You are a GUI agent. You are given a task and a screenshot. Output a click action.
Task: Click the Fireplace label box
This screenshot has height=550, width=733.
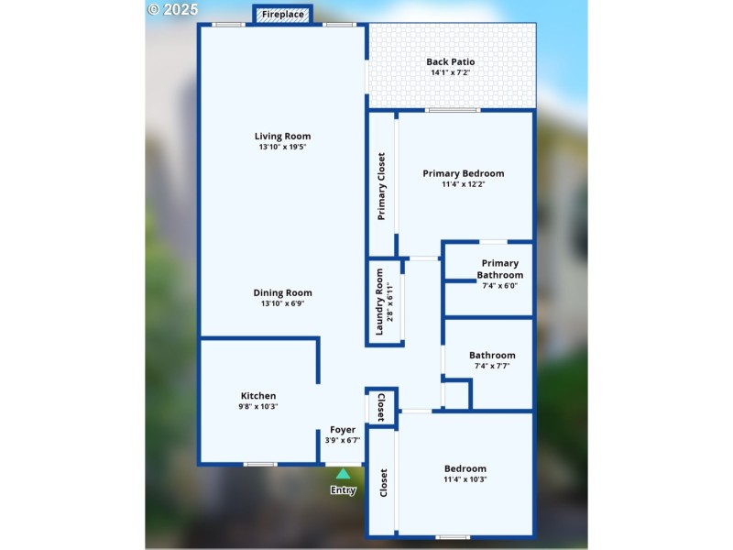[282, 15]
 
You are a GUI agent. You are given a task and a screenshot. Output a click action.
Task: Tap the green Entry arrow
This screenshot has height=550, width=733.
[343, 474]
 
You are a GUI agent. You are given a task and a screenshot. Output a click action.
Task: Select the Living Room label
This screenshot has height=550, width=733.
[282, 137]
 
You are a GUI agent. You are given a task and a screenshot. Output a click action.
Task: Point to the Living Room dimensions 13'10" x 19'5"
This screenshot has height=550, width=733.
[282, 147]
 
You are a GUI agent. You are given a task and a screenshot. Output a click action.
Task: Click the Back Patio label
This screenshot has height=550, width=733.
[451, 62]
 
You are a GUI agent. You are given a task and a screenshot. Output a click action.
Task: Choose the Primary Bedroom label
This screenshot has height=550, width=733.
[463, 173]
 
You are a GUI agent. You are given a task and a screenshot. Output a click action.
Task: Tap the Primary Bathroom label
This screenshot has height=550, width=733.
[500, 269]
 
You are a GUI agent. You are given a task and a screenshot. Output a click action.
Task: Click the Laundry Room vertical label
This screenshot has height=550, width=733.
[379, 302]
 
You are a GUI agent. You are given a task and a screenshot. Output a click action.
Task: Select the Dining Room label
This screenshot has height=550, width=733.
[282, 293]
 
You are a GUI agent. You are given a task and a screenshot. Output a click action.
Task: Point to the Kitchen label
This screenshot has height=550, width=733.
[258, 396]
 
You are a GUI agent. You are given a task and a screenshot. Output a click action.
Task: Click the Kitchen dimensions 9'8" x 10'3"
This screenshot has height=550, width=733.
[258, 406]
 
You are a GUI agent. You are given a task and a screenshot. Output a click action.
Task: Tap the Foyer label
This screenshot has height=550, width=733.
[343, 429]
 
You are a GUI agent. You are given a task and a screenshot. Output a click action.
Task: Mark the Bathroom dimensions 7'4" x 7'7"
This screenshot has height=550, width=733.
[492, 366]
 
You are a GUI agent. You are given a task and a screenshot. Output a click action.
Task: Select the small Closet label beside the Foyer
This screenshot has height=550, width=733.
[381, 405]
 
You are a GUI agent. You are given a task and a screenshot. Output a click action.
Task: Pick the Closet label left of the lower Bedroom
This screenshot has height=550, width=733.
[383, 483]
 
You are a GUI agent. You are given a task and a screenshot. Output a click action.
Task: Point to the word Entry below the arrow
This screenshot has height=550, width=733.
[343, 490]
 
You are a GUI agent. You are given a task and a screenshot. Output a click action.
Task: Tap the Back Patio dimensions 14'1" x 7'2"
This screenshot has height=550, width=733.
[451, 72]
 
